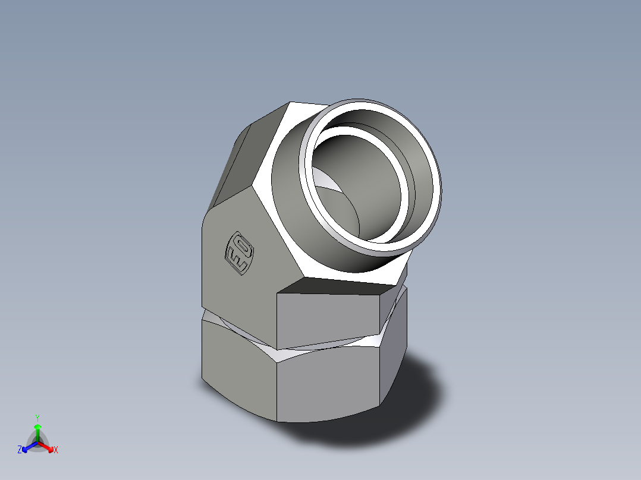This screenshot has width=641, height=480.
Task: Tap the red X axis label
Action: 56,450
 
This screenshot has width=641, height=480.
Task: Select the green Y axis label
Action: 37,418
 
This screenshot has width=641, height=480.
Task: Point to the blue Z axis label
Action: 20,450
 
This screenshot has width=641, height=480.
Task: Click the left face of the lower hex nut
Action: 238,362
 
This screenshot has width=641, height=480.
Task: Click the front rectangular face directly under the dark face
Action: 330,321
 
